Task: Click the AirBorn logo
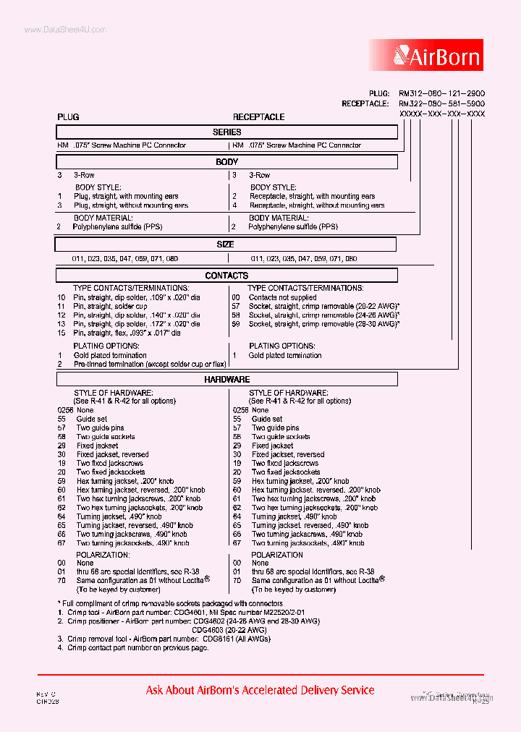(x=436, y=55)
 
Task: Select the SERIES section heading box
(x=227, y=132)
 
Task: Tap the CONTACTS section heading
(x=227, y=276)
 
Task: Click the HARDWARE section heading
(x=227, y=379)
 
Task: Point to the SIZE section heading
(x=226, y=244)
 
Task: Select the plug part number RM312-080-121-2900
(x=441, y=94)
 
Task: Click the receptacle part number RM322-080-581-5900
(x=441, y=104)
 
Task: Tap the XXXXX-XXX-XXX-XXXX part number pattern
(x=441, y=115)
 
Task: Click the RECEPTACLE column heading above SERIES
(x=258, y=117)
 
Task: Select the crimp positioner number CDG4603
(x=210, y=630)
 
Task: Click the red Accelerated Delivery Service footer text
(x=260, y=690)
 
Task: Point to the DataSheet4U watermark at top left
(x=65, y=30)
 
